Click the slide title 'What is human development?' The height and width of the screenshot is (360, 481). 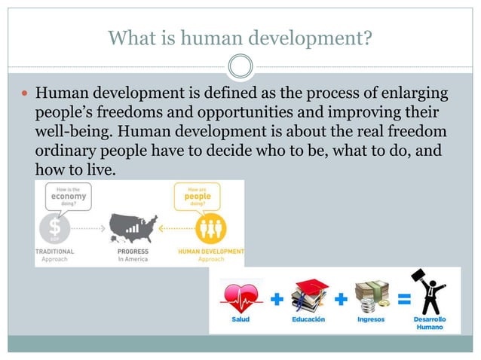click(x=240, y=36)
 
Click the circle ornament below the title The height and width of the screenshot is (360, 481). click(x=240, y=66)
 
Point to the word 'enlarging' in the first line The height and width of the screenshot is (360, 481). click(x=412, y=95)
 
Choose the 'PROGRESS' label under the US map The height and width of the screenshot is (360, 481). click(x=133, y=251)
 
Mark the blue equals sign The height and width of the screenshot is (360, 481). click(x=404, y=300)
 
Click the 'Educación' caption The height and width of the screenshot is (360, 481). click(x=309, y=320)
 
